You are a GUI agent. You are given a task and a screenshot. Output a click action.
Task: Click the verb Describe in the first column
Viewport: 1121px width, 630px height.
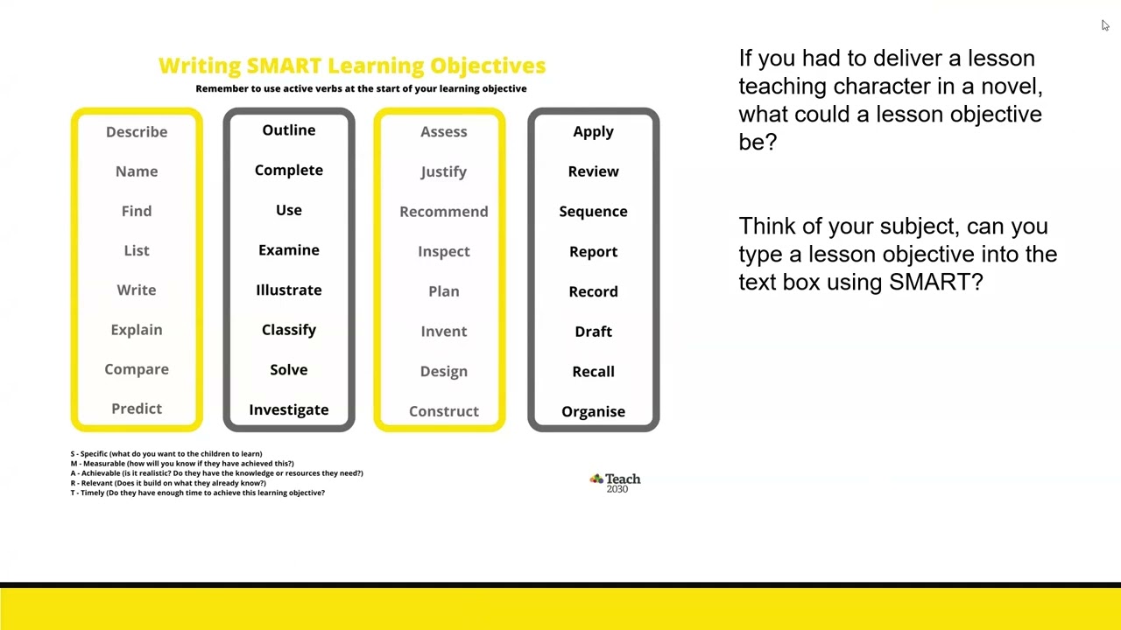pyautogui.click(x=137, y=132)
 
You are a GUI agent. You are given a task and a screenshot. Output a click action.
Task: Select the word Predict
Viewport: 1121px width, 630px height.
pyautogui.click(x=137, y=409)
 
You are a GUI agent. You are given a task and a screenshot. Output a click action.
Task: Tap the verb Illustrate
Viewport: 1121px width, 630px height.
pyautogui.click(x=289, y=290)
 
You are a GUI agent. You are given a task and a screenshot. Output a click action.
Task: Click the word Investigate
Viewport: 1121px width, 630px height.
pyautogui.click(x=289, y=409)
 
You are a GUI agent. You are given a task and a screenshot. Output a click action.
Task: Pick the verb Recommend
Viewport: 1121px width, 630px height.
pyautogui.click(x=444, y=212)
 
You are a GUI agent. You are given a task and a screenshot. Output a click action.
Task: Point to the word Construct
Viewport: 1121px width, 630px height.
pyautogui.click(x=444, y=411)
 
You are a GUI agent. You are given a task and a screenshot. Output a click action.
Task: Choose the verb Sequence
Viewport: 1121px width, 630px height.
pyautogui.click(x=593, y=212)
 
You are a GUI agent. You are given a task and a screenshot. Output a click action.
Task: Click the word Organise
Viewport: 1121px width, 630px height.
pyautogui.click(x=593, y=411)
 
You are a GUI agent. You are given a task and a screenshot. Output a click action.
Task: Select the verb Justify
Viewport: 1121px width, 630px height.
pyautogui.click(x=444, y=172)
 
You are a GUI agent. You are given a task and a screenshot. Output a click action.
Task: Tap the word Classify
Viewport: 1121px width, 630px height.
pyautogui.click(x=289, y=330)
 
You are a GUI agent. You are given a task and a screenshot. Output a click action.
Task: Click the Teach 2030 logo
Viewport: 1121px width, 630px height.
pyautogui.click(x=616, y=482)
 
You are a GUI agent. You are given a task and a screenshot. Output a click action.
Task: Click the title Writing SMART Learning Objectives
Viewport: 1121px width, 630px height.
pyautogui.click(x=352, y=66)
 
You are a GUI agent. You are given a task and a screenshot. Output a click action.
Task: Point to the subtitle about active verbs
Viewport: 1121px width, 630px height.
pyautogui.click(x=361, y=88)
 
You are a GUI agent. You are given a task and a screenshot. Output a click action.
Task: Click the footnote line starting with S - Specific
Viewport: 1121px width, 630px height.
pyautogui.click(x=166, y=454)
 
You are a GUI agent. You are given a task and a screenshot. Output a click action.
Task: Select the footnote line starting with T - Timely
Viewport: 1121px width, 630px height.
pyautogui.click(x=198, y=493)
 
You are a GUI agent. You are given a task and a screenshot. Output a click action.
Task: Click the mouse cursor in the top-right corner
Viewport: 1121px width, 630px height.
pyautogui.click(x=1105, y=25)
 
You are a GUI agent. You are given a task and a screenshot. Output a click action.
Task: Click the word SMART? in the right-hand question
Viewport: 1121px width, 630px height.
pyautogui.click(x=935, y=282)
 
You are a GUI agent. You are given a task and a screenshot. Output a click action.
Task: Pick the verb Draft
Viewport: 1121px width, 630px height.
pyautogui.click(x=593, y=332)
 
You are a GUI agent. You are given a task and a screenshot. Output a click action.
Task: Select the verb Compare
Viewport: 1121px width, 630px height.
pyautogui.click(x=137, y=369)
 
